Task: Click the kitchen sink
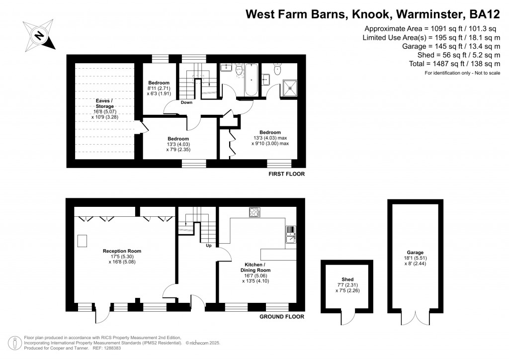point(290,235)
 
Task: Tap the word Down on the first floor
point(187,103)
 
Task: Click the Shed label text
point(347,279)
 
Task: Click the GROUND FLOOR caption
point(282,316)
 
